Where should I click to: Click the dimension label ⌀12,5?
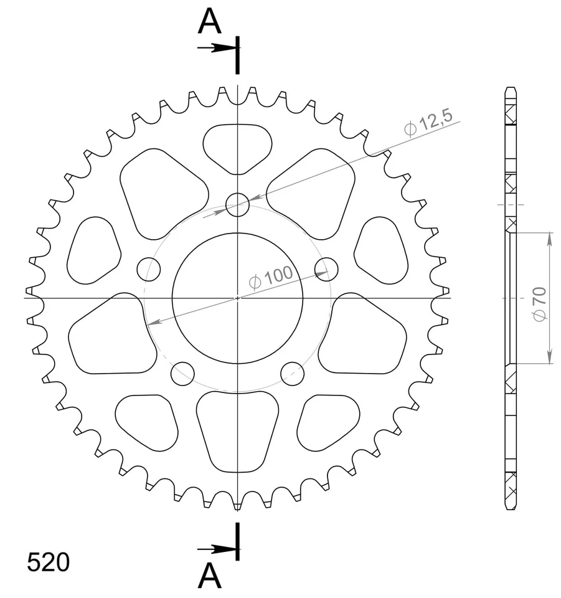coord(428,123)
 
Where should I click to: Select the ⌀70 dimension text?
coord(540,305)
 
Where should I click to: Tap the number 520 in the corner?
coord(49,562)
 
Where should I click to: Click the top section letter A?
coord(210,21)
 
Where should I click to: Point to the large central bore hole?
coord(237,298)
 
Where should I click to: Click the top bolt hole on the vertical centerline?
coord(237,204)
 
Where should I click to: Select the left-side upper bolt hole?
coord(149,269)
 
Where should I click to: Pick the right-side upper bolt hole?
coord(327,269)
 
